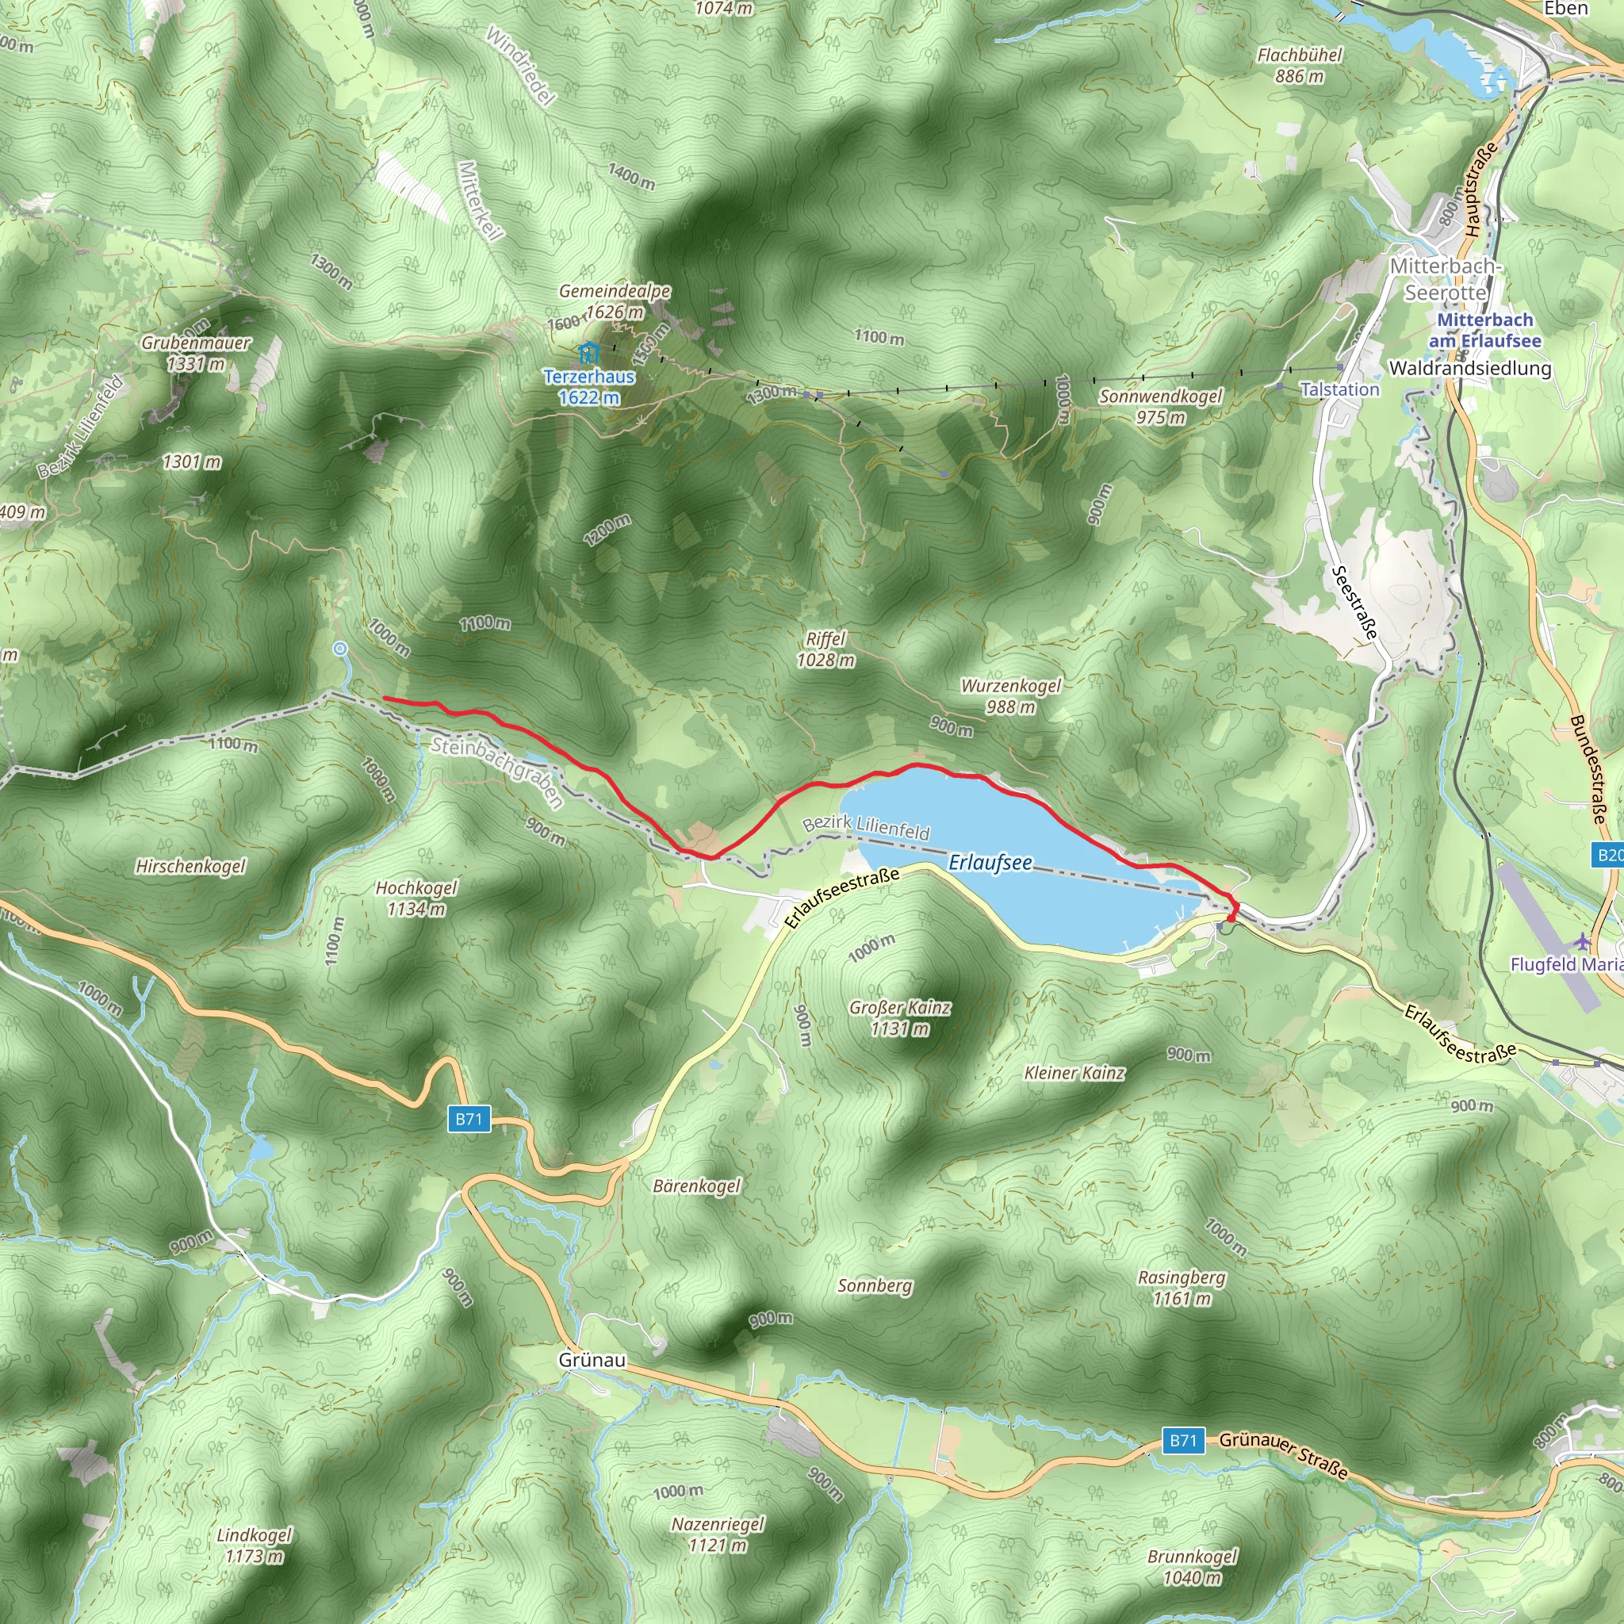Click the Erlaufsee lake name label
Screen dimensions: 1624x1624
click(990, 864)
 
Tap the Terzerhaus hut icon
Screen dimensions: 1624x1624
click(588, 353)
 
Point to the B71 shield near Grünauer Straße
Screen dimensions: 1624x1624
click(1182, 1440)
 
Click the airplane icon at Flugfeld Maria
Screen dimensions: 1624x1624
click(1583, 939)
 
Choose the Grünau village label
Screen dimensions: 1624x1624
click(592, 1360)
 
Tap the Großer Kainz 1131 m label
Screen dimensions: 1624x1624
click(899, 1018)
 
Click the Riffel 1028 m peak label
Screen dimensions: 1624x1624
click(825, 649)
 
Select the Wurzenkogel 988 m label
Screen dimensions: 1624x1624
click(1010, 696)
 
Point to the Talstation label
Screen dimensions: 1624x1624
click(1339, 389)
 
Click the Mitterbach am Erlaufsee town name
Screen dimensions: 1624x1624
click(1484, 331)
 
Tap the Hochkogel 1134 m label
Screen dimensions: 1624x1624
click(416, 898)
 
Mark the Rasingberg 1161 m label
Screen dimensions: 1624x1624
click(1181, 1288)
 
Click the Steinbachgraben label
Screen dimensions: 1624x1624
click(496, 772)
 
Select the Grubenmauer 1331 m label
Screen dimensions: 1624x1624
click(196, 353)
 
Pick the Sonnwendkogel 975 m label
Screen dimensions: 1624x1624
click(1160, 406)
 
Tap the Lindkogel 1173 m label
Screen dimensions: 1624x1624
click(254, 1545)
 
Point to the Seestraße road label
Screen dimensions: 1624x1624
click(1354, 603)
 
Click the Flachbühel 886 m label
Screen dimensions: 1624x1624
click(1300, 66)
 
